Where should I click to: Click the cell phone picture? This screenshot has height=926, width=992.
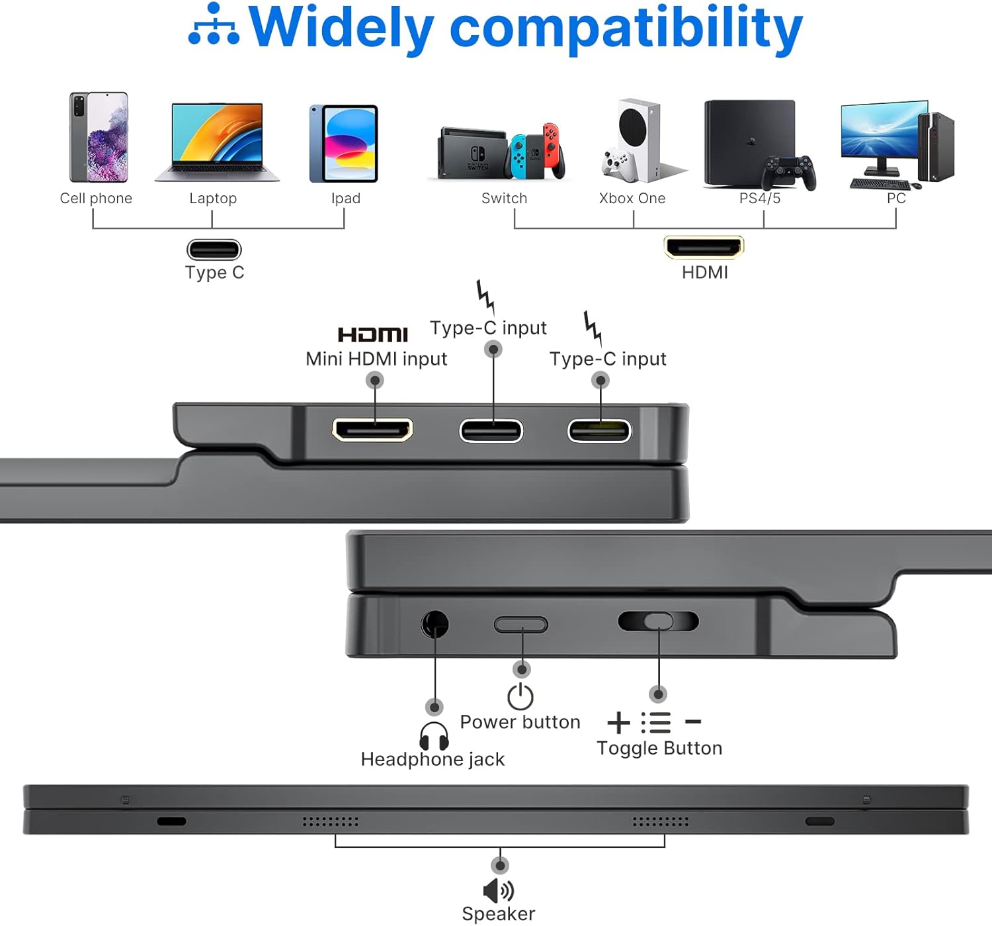99,137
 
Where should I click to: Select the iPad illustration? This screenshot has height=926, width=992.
343,144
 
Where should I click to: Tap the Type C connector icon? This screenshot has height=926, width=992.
214,250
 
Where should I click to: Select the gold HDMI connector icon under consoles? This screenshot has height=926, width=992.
704,247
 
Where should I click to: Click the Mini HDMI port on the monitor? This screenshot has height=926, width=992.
372,430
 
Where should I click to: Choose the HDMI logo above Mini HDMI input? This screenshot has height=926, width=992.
373,334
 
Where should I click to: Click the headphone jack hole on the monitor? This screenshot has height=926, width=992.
434,624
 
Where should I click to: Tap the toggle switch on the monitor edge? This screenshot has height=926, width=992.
658,621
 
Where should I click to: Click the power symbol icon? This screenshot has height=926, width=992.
520,696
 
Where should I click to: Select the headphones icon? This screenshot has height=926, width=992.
434,735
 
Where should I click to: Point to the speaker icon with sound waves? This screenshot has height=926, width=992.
499,890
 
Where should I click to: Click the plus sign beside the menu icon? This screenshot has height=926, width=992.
618,722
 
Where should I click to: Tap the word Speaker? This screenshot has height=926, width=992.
498,914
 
